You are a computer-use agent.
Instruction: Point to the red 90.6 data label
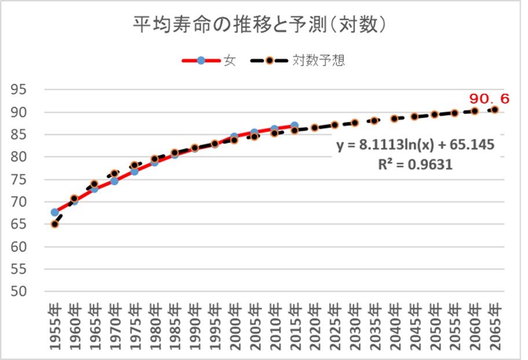[489, 99]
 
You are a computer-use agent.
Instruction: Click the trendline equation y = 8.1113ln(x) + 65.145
[416, 145]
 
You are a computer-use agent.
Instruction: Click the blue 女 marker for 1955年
[54, 212]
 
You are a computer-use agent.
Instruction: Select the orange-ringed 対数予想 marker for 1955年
[54, 224]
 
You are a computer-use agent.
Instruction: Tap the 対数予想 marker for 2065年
[495, 109]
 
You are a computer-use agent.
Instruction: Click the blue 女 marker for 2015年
[295, 126]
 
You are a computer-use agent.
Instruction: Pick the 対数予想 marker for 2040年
[395, 119]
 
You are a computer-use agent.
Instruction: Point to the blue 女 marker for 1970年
[115, 181]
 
